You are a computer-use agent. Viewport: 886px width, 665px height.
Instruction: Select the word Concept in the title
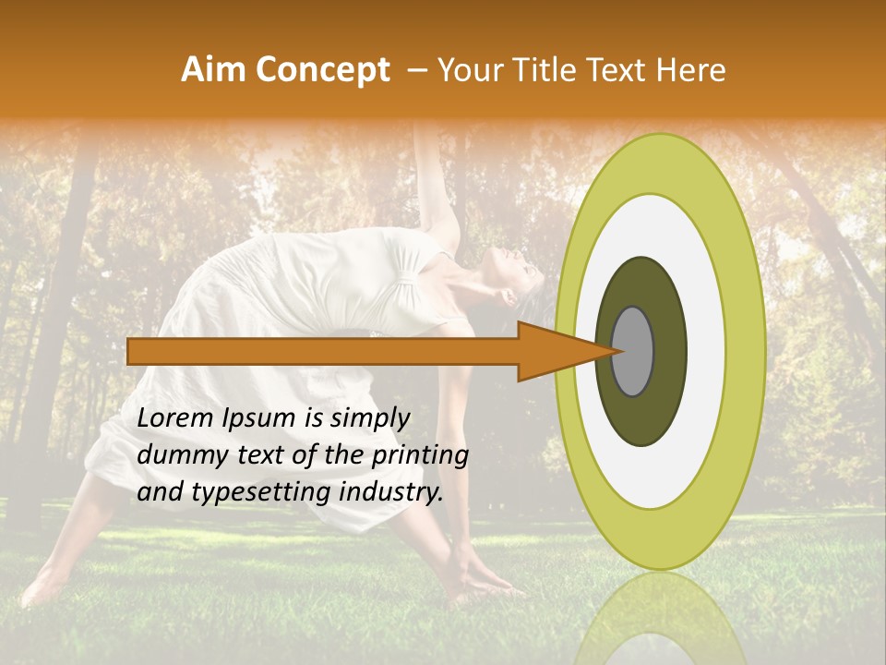[x=323, y=70]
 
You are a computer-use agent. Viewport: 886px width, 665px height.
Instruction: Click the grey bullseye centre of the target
[x=633, y=351]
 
